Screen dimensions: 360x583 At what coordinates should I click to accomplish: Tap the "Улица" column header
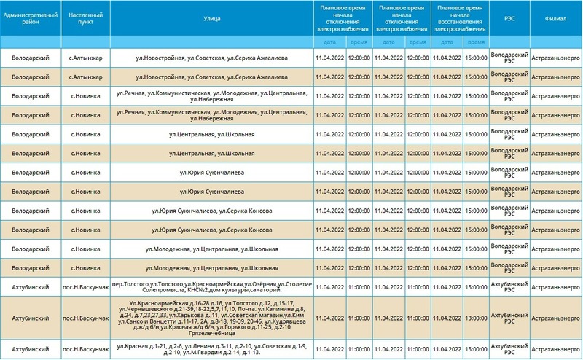pos(211,18)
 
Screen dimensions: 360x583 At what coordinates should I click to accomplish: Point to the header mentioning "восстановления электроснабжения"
pos(461,18)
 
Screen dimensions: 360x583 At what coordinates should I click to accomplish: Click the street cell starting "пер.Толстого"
pos(211,286)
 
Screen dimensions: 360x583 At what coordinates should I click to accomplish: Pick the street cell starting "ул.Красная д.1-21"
pos(211,350)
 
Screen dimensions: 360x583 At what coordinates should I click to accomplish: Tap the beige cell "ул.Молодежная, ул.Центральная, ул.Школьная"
pos(211,267)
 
